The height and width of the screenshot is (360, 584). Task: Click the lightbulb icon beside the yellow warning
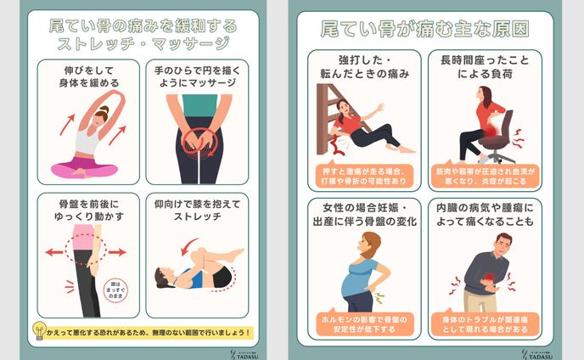pyautogui.click(x=39, y=331)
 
